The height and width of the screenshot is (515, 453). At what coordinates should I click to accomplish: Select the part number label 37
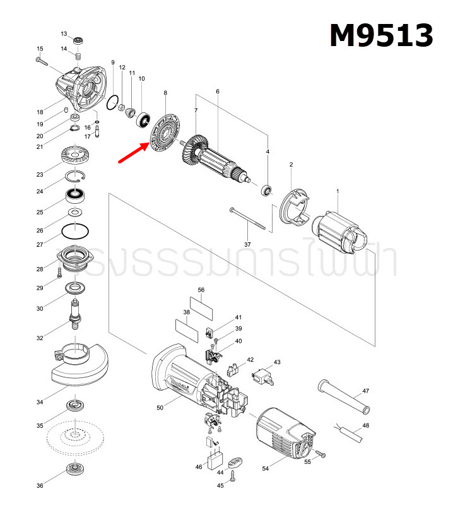click(247, 244)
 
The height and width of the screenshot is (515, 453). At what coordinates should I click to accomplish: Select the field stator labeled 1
click(340, 232)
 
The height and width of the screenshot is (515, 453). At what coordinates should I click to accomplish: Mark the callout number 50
click(160, 408)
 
